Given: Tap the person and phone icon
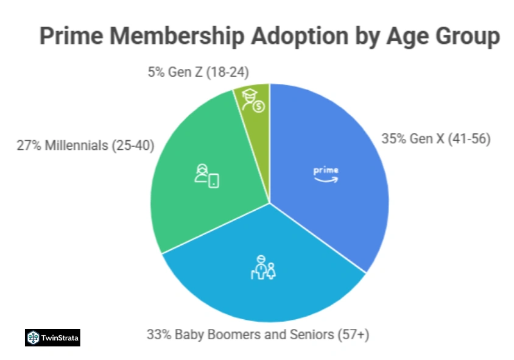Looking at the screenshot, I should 206,176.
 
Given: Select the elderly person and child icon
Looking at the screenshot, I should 264,268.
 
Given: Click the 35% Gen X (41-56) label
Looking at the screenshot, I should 436,138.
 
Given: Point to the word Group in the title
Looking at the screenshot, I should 464,36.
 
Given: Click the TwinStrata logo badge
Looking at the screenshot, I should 52,337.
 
